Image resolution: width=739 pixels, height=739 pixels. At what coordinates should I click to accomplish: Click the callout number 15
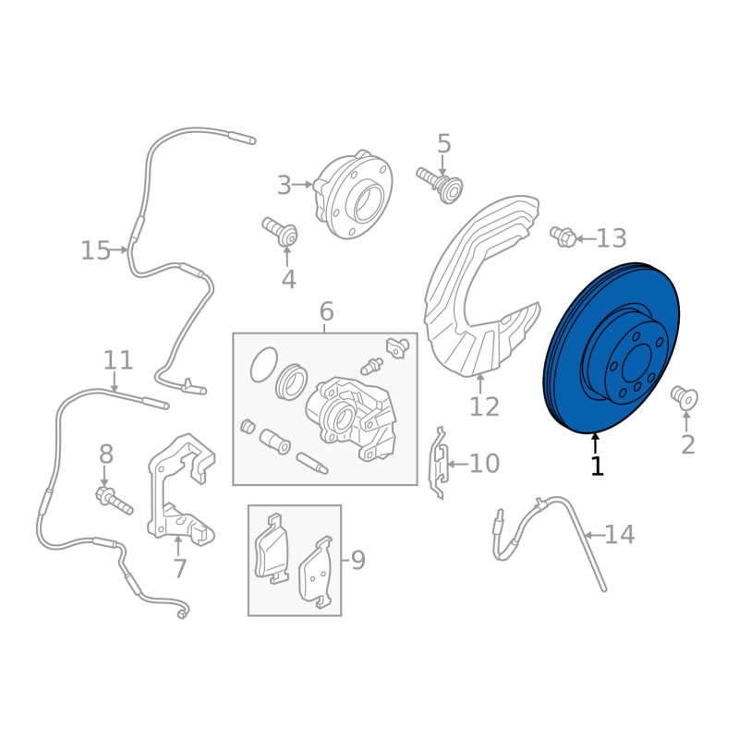tap(96, 250)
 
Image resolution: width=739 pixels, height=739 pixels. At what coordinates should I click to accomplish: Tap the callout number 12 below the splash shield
tap(484, 406)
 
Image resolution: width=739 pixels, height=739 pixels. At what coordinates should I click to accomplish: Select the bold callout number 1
tap(597, 466)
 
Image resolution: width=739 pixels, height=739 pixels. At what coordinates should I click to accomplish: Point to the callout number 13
tap(612, 238)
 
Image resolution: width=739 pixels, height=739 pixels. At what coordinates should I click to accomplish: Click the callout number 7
tap(180, 568)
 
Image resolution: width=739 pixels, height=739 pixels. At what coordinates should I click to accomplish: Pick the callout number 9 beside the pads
tap(358, 560)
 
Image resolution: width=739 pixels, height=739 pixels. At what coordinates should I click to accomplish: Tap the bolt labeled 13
tap(563, 236)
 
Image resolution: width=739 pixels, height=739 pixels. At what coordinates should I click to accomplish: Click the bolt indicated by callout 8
tap(115, 502)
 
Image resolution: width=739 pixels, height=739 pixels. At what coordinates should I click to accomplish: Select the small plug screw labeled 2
tap(684, 398)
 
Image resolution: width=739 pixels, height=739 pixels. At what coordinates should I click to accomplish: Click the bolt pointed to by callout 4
tap(281, 231)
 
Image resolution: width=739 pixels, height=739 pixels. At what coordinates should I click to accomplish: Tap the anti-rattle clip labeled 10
tap(438, 464)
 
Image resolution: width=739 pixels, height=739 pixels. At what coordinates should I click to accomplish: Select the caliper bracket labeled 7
tap(181, 490)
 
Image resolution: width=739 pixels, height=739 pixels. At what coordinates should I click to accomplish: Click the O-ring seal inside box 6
tap(264, 365)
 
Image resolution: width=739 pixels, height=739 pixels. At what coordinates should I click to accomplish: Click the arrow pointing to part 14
tap(594, 535)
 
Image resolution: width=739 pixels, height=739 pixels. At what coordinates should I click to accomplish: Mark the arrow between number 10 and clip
tap(457, 465)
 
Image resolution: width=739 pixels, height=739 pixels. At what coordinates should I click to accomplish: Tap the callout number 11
tap(118, 360)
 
